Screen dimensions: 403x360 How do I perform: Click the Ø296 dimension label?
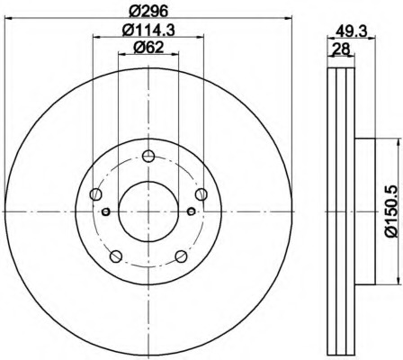148,12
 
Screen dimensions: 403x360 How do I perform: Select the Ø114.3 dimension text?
148,31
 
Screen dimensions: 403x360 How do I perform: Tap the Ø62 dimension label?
148,47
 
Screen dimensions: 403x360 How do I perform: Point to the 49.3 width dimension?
351,31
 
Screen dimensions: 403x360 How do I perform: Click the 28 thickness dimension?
342,49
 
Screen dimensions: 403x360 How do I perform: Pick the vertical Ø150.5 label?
392,211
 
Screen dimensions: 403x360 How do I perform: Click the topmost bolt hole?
148,156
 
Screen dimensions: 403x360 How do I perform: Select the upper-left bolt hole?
96,194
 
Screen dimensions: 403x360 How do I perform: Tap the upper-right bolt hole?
201,194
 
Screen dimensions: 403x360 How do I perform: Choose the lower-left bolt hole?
116,256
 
